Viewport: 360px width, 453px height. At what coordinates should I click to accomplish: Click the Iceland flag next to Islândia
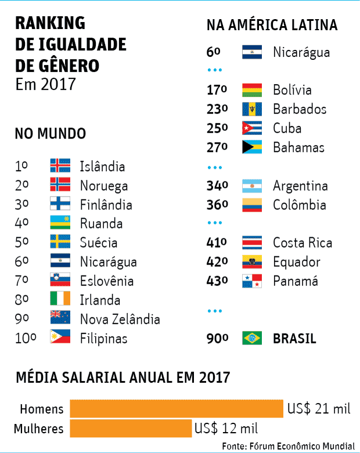pyautogui.click(x=60, y=166)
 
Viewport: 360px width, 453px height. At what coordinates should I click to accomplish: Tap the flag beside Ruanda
pyautogui.click(x=60, y=223)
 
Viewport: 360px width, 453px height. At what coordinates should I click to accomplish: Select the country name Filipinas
pyautogui.click(x=103, y=338)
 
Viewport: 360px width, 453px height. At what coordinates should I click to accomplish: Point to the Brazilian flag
pyautogui.click(x=252, y=338)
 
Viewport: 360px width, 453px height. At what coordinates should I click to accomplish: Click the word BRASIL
pyautogui.click(x=294, y=339)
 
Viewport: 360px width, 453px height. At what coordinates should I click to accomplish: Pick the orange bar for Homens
pyautogui.click(x=177, y=408)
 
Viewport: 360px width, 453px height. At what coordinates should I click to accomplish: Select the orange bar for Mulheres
pyautogui.click(x=131, y=429)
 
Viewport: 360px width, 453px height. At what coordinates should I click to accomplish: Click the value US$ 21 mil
pyautogui.click(x=319, y=409)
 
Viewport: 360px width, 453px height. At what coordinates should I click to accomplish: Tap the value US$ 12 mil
pyautogui.click(x=226, y=429)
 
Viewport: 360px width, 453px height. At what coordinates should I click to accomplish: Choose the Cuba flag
pyautogui.click(x=252, y=128)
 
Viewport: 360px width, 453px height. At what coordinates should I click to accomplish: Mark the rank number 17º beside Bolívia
pyautogui.click(x=217, y=90)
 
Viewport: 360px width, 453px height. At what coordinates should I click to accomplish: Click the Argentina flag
pyautogui.click(x=252, y=186)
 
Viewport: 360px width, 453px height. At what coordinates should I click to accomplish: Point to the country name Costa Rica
pyautogui.click(x=303, y=243)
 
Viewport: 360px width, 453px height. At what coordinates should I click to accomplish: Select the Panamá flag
pyautogui.click(x=252, y=281)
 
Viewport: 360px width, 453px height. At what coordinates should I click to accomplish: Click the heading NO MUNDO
pyautogui.click(x=50, y=134)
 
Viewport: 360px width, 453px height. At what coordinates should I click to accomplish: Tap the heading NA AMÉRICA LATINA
pyautogui.click(x=272, y=26)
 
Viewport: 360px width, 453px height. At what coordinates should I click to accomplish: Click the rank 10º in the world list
pyautogui.click(x=26, y=338)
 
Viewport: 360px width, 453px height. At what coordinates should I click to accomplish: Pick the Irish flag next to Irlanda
pyautogui.click(x=60, y=300)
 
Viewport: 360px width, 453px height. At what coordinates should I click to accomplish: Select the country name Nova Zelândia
pyautogui.click(x=120, y=319)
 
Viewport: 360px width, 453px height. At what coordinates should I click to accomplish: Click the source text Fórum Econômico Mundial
pyautogui.click(x=302, y=446)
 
